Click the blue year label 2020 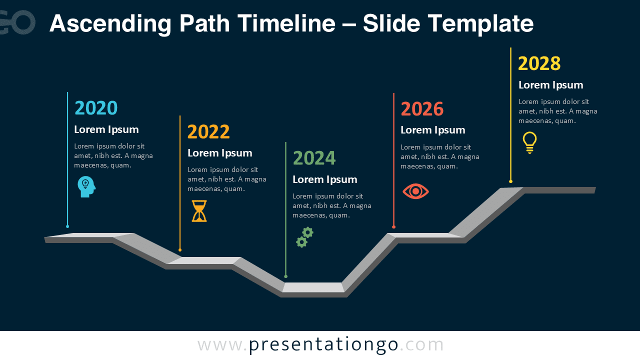click(96, 108)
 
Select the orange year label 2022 click(208, 132)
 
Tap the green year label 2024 click(314, 158)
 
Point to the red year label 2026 click(422, 109)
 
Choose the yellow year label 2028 click(539, 63)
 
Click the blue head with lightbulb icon click(86, 186)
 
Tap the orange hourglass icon click(199, 211)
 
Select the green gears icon click(304, 237)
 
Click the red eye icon click(415, 191)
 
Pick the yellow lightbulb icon click(529, 142)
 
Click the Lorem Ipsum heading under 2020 click(106, 129)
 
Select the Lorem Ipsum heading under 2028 click(550, 85)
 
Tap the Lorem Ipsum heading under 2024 click(324, 179)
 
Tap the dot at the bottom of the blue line click(67, 226)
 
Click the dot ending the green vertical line click(285, 276)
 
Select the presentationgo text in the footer click(323, 345)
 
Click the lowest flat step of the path click(313, 287)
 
